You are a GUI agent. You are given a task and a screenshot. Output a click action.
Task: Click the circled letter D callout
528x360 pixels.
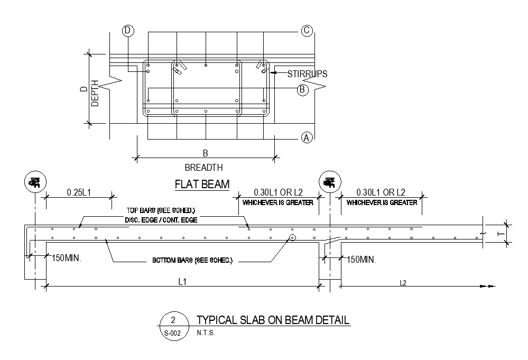click(x=127, y=31)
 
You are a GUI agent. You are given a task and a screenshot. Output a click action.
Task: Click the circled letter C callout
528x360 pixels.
click(x=307, y=31)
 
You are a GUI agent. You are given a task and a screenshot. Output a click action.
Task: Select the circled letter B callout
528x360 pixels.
click(x=302, y=89)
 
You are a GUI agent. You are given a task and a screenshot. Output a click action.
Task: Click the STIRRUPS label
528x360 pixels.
click(x=307, y=74)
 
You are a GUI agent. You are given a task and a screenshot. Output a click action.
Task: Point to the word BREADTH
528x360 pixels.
click(x=203, y=168)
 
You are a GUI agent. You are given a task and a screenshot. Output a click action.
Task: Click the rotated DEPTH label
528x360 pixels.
click(x=95, y=94)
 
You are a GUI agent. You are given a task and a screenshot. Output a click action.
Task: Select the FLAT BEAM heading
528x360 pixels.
click(x=202, y=184)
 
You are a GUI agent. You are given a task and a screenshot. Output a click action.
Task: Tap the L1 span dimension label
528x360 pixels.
click(x=182, y=282)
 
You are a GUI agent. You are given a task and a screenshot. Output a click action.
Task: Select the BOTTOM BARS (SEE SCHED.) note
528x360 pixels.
click(x=192, y=261)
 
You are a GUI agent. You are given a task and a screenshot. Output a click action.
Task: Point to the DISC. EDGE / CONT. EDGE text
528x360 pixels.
click(x=161, y=220)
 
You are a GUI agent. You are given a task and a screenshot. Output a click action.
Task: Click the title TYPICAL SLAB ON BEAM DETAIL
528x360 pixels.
click(x=273, y=320)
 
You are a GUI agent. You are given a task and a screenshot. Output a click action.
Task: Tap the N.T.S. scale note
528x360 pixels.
click(x=206, y=334)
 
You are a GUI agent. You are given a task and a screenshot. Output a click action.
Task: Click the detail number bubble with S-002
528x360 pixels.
click(x=172, y=326)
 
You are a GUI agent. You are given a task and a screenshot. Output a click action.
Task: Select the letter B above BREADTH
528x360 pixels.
click(x=206, y=153)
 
